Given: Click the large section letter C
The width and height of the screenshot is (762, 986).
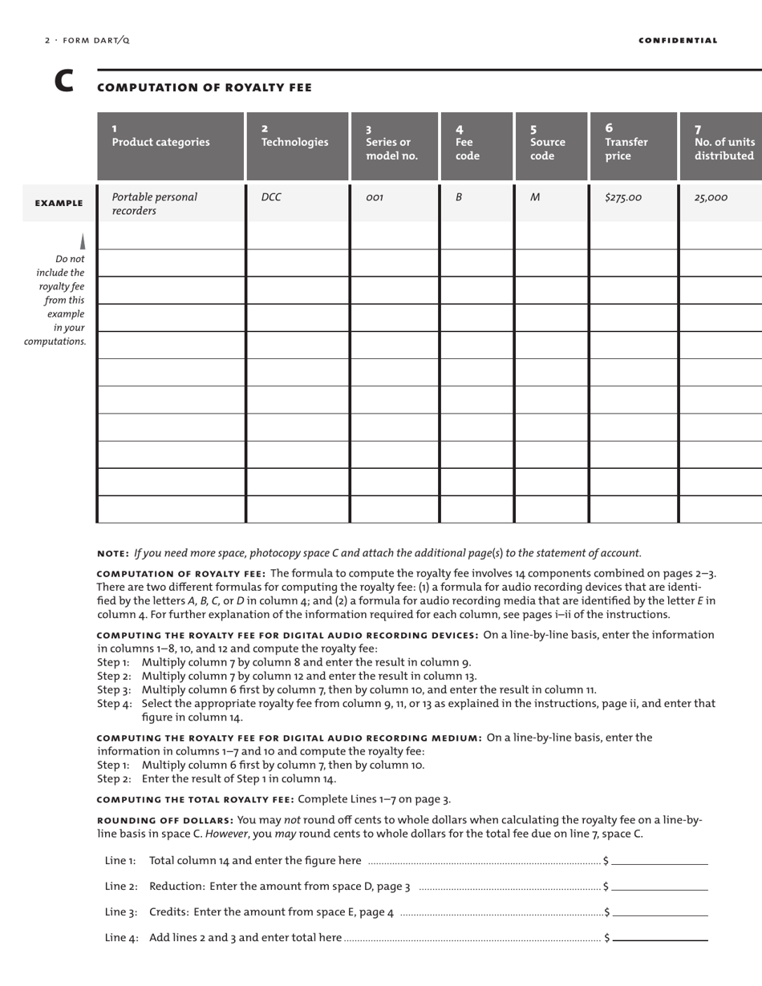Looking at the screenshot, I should [x=63, y=83].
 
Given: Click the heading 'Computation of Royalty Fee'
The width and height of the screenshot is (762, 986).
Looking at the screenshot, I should [x=204, y=87].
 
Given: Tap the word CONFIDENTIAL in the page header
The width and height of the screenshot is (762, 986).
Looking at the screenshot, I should [x=678, y=40].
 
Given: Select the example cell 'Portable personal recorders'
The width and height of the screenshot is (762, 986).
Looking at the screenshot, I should [x=154, y=204].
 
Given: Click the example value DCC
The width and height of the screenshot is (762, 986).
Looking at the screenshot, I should [x=272, y=197].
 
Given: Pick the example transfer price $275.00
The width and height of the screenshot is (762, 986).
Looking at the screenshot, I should [x=623, y=197].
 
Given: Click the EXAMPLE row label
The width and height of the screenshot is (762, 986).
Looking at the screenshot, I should [x=59, y=204].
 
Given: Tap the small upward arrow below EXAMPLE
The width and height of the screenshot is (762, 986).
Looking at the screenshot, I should [x=82, y=241].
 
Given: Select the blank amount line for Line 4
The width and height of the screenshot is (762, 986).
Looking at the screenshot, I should [x=659, y=938].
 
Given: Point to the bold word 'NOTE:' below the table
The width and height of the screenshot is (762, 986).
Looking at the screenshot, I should [x=113, y=553].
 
